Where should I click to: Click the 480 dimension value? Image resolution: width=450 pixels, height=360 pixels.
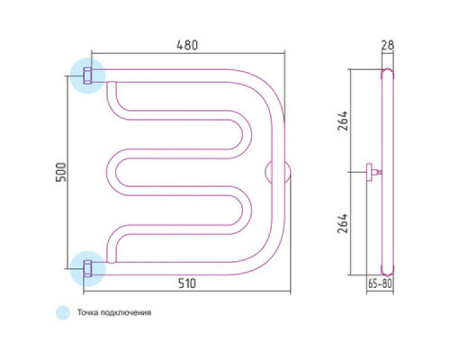pos(187,45)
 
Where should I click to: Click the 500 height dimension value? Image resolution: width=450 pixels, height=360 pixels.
pos(61,172)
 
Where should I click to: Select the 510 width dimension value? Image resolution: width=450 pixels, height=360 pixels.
pos(187,283)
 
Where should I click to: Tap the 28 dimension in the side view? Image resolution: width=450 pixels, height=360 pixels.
pos(387,45)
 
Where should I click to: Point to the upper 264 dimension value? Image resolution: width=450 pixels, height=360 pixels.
pos(343,121)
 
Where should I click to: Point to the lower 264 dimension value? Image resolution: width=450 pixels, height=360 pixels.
pos(343,223)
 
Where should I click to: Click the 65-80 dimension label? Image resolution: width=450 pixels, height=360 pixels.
pos(380,283)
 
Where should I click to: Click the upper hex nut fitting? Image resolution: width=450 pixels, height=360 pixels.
pos(87,76)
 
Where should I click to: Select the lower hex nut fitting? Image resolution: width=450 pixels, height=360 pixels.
pos(87,268)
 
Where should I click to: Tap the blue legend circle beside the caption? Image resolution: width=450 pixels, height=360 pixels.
pos(63,312)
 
